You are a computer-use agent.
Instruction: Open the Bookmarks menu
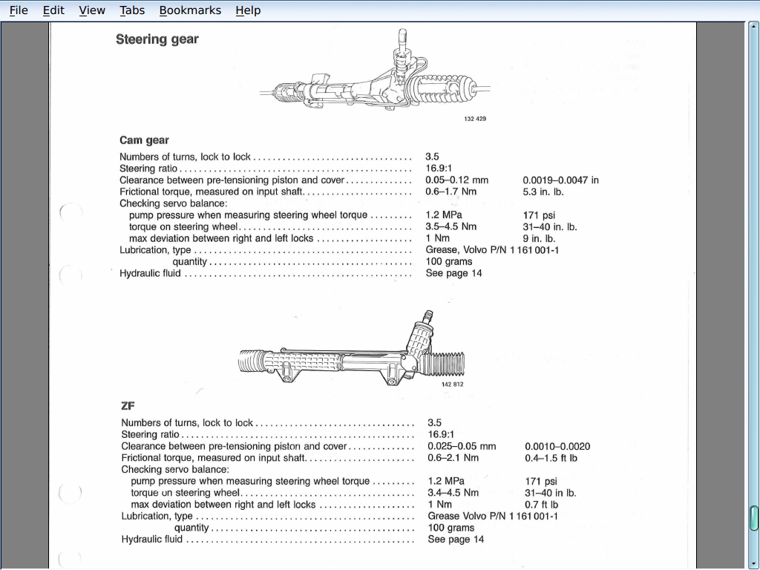point(190,10)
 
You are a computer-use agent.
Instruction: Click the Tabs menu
point(132,10)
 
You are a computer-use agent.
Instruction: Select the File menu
point(19,10)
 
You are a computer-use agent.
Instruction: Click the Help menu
point(248,10)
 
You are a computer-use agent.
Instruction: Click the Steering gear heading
point(157,39)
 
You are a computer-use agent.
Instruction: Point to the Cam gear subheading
point(144,140)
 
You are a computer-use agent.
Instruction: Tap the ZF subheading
point(128,406)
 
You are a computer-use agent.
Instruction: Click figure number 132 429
point(475,119)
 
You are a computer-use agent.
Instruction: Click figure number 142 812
point(453,384)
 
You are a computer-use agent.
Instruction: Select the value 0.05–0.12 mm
point(456,180)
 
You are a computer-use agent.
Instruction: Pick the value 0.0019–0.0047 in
point(560,180)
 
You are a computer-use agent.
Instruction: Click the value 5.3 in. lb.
point(543,191)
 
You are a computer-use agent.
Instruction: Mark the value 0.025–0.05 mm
point(462,447)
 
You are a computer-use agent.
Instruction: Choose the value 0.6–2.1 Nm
point(453,458)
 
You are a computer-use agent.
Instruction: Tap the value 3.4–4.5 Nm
point(453,493)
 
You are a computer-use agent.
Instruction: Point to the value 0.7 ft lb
point(541,505)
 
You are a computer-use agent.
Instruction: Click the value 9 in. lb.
point(539,239)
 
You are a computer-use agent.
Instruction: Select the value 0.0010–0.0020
point(557,447)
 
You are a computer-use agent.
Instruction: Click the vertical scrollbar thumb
point(754,517)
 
